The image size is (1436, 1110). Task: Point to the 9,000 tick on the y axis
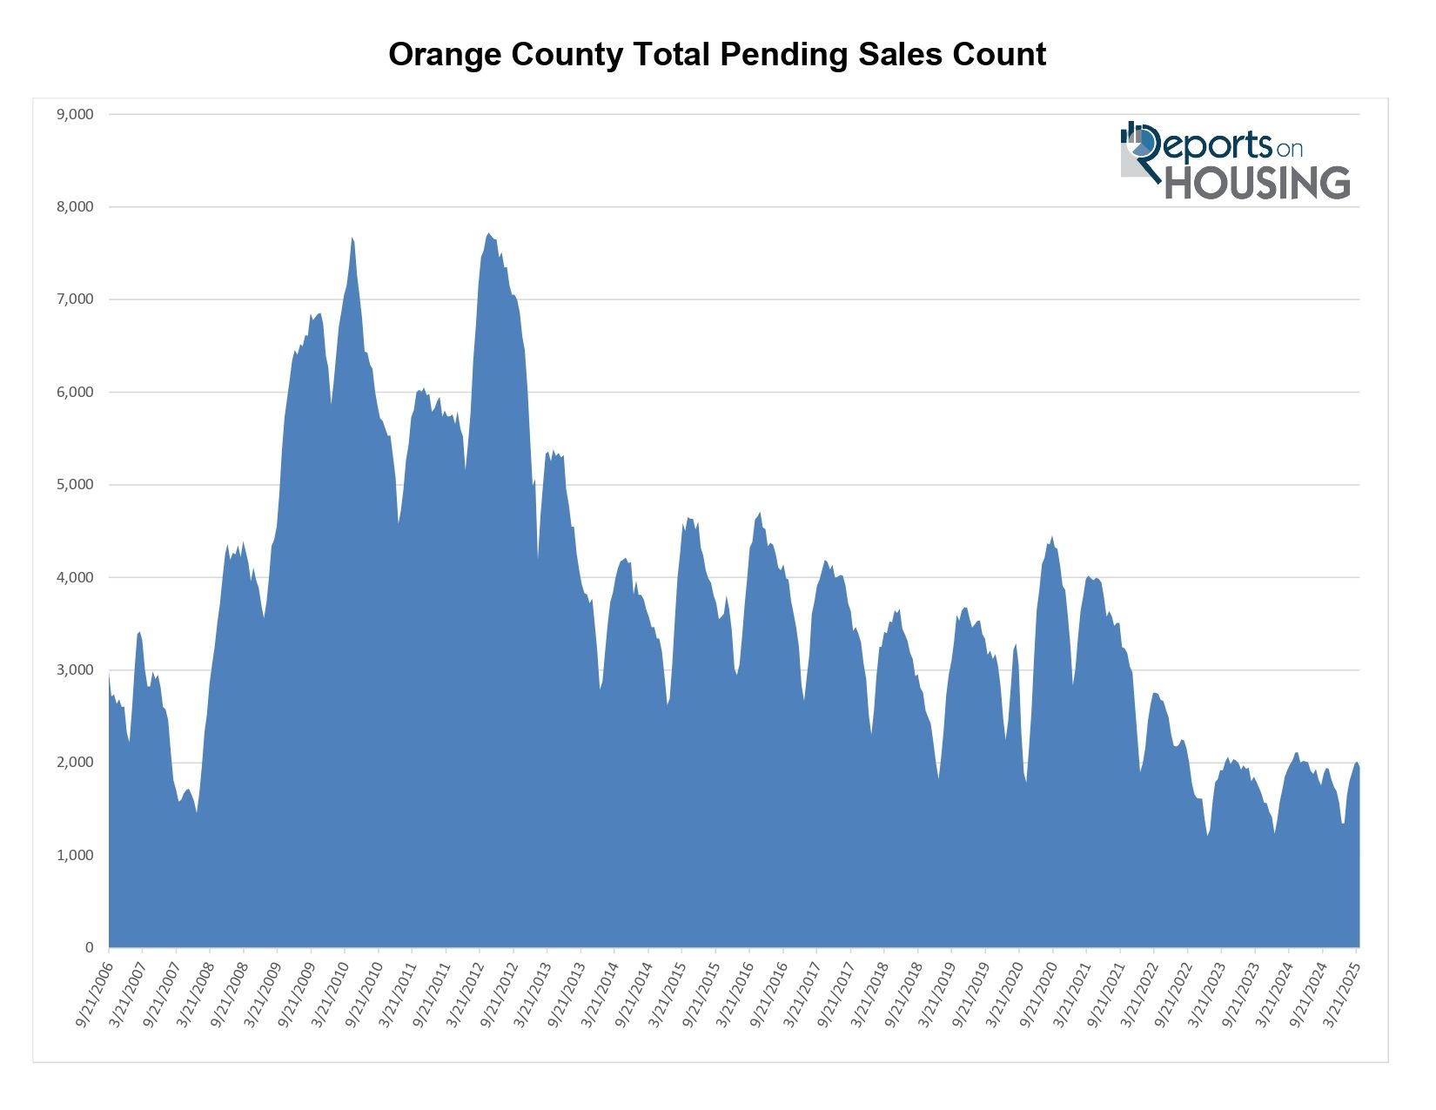point(75,114)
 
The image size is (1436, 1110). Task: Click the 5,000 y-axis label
point(75,485)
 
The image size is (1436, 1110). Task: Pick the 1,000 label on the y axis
point(75,855)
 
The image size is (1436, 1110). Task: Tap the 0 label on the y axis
point(89,947)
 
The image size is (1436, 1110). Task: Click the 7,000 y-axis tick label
point(75,299)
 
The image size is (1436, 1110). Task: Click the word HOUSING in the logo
point(1258,183)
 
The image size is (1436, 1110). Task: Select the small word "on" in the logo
point(1289,149)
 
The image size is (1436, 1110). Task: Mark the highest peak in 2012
point(489,234)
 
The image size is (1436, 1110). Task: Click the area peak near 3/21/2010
point(352,239)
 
